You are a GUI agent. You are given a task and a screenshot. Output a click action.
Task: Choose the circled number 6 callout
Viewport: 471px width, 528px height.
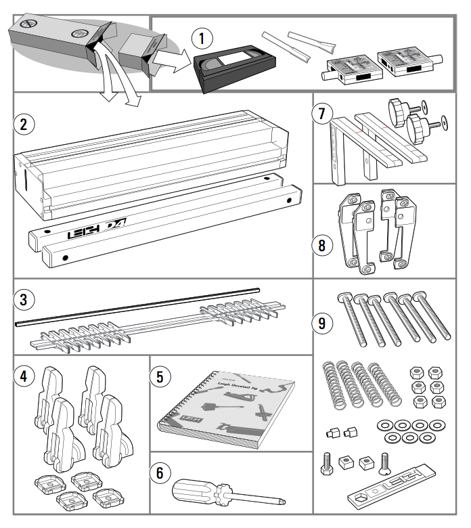[160, 472]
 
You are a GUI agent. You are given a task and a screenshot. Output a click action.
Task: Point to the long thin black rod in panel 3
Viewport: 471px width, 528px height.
[135, 303]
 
